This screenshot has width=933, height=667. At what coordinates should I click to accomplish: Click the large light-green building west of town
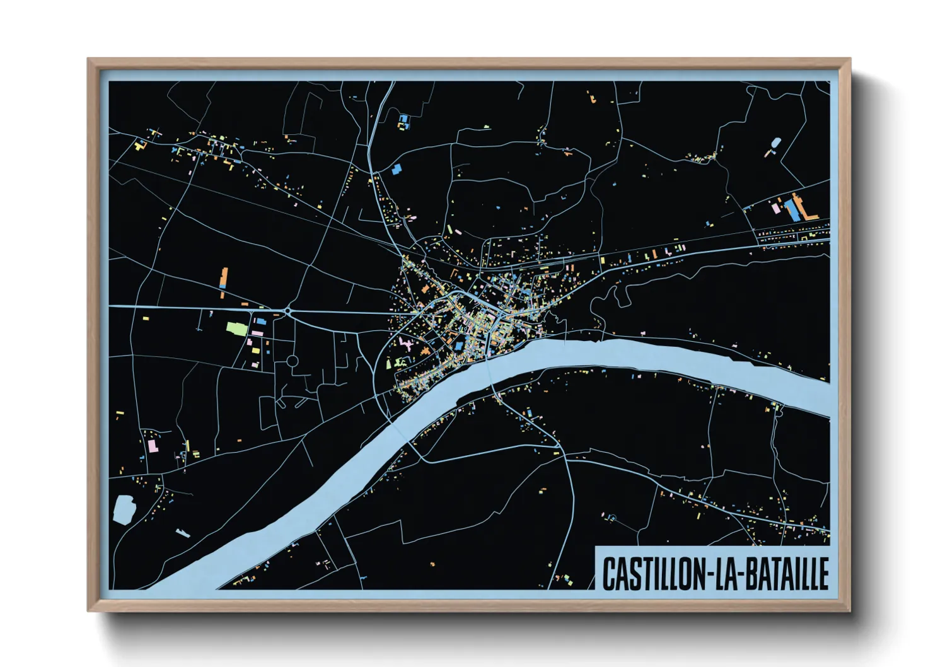[x=236, y=328]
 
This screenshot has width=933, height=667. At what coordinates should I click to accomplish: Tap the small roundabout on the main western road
[x=287, y=310]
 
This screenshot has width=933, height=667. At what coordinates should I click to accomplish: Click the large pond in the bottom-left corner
[x=124, y=509]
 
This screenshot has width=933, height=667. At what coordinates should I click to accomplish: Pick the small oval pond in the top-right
[x=775, y=143]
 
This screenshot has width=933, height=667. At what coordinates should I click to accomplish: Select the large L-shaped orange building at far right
[x=804, y=208]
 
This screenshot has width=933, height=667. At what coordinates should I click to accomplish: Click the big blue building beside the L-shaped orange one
[x=792, y=210]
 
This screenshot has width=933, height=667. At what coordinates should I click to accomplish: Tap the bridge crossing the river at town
[x=490, y=372]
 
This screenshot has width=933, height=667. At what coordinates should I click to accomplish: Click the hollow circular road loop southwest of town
[x=293, y=361]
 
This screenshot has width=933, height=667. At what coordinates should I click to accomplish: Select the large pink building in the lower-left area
[x=152, y=446]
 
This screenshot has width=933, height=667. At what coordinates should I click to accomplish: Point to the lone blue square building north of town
[x=397, y=169]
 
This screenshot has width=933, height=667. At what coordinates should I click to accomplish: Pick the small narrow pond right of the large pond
[x=182, y=533]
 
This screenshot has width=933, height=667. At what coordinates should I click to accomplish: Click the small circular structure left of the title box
[x=611, y=518]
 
